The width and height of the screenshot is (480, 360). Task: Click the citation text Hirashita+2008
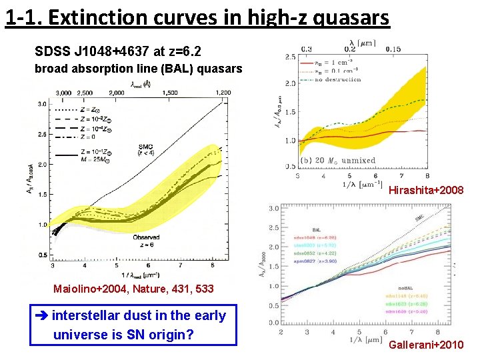coord(426,191)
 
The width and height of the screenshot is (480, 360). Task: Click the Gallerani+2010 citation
coord(426,345)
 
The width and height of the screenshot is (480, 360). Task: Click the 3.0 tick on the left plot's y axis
coord(41,104)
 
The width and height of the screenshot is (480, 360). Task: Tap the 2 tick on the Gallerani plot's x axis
coord(281,332)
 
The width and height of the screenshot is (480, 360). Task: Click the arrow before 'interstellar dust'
coord(41,316)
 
